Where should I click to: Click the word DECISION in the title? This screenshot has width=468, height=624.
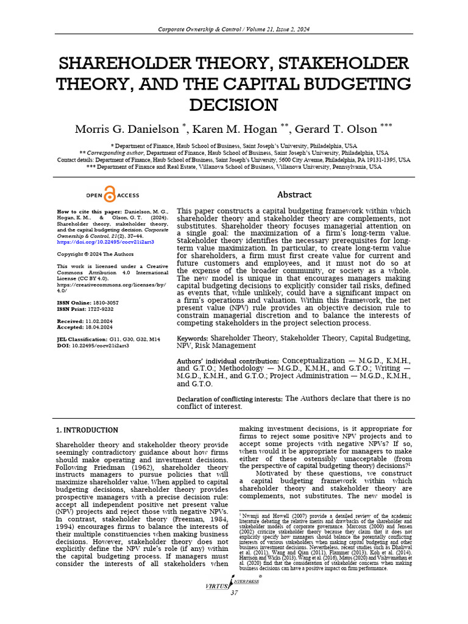tap(233, 104)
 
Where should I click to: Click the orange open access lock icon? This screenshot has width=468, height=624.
tap(110, 195)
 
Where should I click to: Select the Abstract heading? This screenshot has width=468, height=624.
tap(294, 194)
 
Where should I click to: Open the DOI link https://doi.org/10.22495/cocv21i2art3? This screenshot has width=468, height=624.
tap(105, 242)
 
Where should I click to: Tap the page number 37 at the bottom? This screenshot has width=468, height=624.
tap(234, 594)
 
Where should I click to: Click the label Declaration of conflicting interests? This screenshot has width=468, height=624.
tap(230, 399)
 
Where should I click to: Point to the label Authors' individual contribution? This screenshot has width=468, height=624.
tap(228, 361)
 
